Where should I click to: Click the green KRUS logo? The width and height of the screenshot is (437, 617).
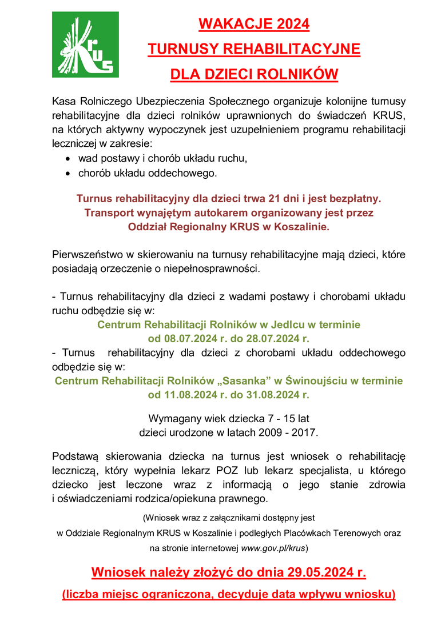pyautogui.click(x=85, y=44)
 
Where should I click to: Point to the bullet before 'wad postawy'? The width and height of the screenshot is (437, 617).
pyautogui.click(x=68, y=158)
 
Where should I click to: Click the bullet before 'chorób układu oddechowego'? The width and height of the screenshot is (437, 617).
pyautogui.click(x=68, y=172)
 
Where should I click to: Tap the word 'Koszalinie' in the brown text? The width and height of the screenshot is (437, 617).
pyautogui.click(x=301, y=227)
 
